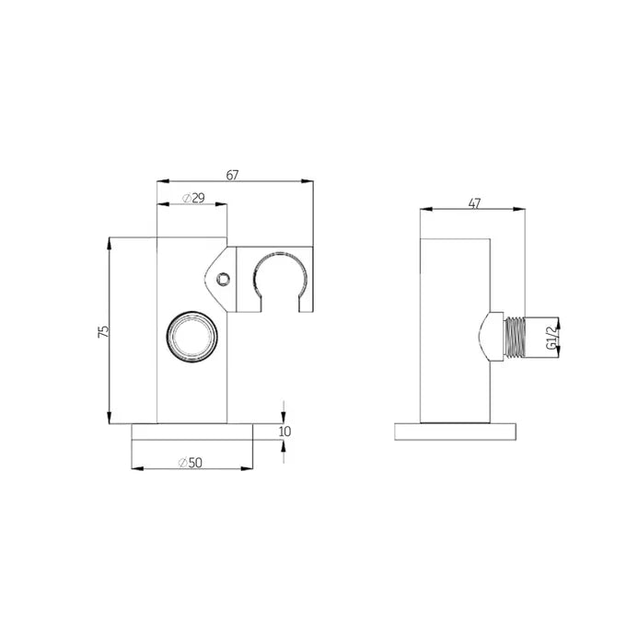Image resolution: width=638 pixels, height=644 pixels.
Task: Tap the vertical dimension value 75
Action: click(x=104, y=331)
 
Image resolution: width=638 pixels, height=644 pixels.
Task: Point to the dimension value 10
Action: click(x=284, y=431)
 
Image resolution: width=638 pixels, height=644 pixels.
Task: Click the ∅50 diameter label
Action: click(x=192, y=461)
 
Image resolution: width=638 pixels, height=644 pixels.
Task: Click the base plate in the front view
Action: click(x=191, y=432)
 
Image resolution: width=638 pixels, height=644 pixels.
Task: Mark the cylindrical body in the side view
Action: click(x=457, y=327)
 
